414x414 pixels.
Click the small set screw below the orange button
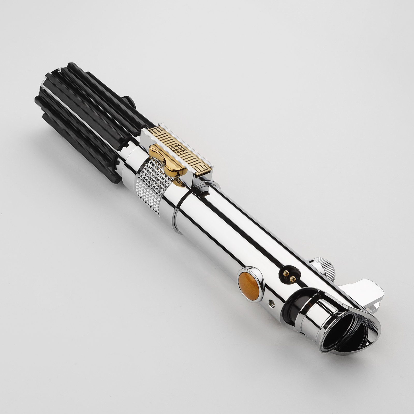271,302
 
